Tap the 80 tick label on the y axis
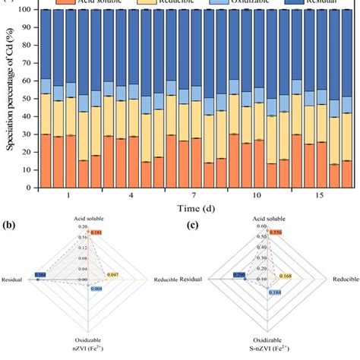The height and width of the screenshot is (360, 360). [27, 46]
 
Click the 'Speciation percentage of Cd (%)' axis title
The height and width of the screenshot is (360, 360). [10, 99]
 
